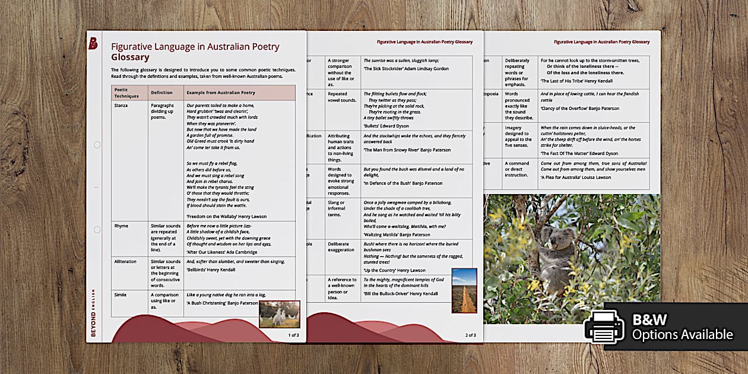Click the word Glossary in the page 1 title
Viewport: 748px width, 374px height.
[130, 58]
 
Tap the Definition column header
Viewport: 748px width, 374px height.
[161, 93]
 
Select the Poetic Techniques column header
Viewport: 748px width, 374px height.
[126, 93]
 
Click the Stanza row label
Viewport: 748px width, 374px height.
[122, 105]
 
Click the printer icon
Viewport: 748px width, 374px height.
[603, 327]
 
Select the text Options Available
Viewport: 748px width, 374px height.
[682, 335]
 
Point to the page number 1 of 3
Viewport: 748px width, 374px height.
[293, 335]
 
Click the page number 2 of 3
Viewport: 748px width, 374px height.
[470, 335]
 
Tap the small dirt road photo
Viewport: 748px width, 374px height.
[464, 290]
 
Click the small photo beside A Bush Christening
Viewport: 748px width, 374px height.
[279, 314]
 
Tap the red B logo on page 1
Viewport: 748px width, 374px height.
[93, 43]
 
